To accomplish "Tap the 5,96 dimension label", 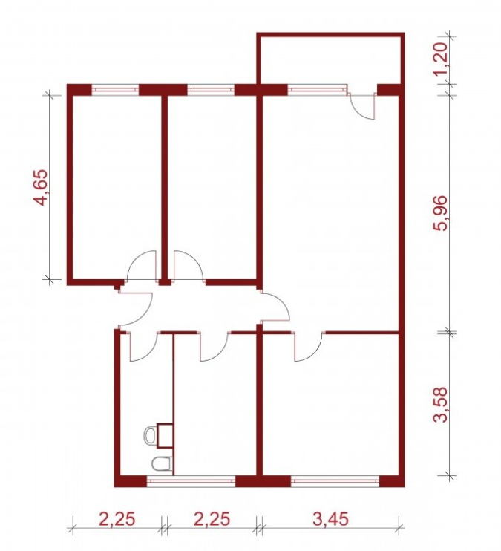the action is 440,212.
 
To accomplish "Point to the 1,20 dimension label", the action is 440,56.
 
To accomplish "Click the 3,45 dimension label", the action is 330,519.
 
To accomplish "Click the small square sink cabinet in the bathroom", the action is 165,435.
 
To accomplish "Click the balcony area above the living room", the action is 330,59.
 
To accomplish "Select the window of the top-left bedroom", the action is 115,90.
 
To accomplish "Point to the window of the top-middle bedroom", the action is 211,90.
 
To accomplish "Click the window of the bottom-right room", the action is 335,480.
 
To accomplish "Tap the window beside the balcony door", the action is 317,90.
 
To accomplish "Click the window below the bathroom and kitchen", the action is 191,480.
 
